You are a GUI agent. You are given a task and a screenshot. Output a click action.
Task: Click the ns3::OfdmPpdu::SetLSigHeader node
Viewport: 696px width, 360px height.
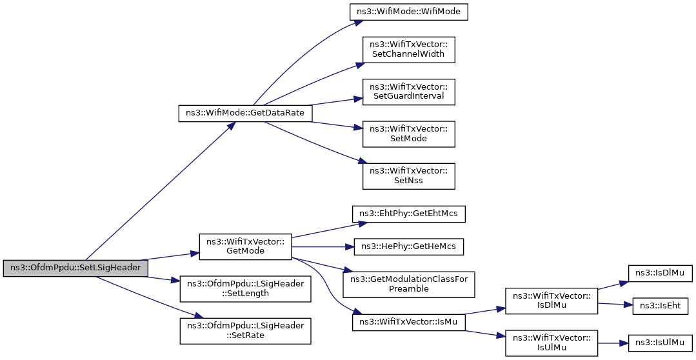coord(75,268)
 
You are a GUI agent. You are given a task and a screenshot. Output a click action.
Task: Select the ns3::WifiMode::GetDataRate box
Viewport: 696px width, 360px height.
coord(245,113)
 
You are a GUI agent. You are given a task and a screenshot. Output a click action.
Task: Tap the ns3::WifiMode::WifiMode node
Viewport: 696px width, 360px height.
coord(409,12)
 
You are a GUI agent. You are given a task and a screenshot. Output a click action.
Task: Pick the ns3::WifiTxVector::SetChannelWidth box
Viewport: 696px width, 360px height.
coord(409,50)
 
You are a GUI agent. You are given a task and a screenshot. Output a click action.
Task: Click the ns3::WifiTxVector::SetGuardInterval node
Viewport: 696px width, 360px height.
coord(409,92)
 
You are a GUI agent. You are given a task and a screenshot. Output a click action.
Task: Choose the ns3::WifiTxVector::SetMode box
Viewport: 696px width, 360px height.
coord(409,134)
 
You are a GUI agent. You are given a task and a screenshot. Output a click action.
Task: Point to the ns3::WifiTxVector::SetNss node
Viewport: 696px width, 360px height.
coord(409,176)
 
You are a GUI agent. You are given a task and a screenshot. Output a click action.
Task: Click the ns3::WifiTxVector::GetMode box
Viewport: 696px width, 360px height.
coord(246,246)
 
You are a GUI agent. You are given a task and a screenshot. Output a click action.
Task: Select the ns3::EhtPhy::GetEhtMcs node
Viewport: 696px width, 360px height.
coord(409,214)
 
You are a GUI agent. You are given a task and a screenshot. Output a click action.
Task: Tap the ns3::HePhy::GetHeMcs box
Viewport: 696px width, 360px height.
coord(409,246)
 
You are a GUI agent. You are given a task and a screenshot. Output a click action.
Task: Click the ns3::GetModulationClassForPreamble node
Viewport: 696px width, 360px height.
coord(409,284)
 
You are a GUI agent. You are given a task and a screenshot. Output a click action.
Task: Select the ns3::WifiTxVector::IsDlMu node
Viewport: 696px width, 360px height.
coord(552,301)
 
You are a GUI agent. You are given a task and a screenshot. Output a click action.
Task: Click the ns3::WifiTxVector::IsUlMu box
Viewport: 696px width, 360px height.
coord(552,343)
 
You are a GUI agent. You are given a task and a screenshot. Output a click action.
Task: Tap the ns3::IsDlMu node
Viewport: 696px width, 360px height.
coord(660,273)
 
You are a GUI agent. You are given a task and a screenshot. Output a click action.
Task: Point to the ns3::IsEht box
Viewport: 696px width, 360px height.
coord(660,306)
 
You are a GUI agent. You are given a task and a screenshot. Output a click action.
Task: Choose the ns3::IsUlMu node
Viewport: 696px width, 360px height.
coord(660,343)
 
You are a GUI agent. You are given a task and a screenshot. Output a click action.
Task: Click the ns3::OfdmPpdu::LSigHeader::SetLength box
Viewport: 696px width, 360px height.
coord(246,288)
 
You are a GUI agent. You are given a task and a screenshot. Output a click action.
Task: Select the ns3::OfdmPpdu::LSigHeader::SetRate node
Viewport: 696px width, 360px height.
coord(246,331)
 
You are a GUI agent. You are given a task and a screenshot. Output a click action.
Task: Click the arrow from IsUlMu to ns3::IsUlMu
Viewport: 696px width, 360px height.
coord(613,343)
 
